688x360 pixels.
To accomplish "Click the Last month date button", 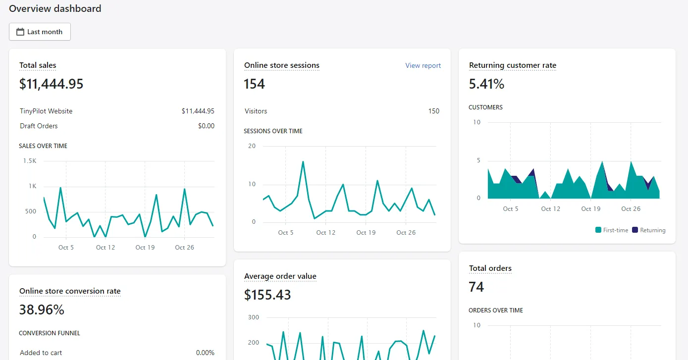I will click(x=40, y=32).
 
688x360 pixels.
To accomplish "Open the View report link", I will click(x=423, y=65).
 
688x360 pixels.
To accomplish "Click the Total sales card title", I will click(x=38, y=65).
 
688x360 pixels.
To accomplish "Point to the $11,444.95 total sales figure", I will click(x=51, y=84).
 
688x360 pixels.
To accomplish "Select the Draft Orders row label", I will click(x=39, y=126).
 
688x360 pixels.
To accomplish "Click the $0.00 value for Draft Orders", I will click(x=206, y=126).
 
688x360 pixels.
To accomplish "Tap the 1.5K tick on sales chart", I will click(x=30, y=161).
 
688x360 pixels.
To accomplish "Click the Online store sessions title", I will click(x=281, y=65).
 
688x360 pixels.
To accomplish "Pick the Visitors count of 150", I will click(x=433, y=111).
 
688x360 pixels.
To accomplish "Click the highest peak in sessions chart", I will click(x=303, y=161).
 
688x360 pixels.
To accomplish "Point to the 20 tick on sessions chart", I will click(x=252, y=146).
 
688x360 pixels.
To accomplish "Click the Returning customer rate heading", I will click(x=512, y=65).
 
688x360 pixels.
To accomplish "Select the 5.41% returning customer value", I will click(x=486, y=84).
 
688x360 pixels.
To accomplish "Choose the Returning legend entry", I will click(x=649, y=230).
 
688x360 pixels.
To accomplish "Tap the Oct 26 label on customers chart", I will click(x=631, y=209).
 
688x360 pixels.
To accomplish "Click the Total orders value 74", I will click(x=476, y=287).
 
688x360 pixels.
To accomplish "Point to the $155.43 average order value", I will click(x=267, y=295).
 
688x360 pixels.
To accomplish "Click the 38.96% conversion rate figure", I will click(x=42, y=310).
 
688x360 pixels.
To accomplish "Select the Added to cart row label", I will click(x=41, y=353).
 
